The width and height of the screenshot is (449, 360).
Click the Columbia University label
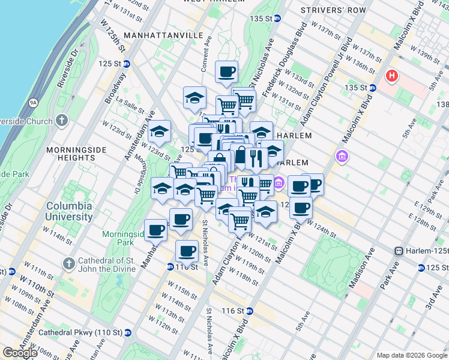pos(70,211)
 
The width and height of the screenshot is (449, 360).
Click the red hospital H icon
pos(392,76)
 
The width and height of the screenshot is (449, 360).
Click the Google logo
pos(20,353)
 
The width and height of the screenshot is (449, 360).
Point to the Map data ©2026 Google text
pos(411,355)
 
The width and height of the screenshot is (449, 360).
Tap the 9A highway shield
pos(33,103)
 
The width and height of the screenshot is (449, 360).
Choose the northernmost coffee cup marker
pos(227,73)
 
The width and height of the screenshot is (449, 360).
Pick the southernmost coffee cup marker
pos(187,251)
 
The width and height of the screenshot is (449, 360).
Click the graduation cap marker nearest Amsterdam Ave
pos(160,131)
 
